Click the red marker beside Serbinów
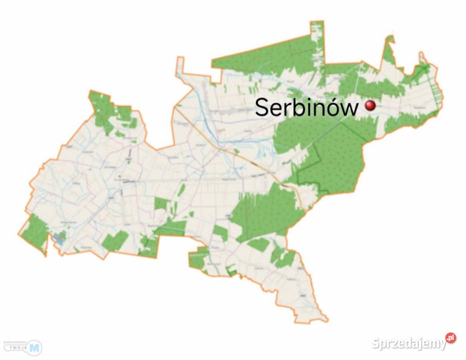pyautogui.click(x=370, y=105)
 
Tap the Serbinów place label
pyautogui.click(x=307, y=107)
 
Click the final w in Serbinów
pyautogui.click(x=348, y=109)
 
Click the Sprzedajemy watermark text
pyautogui.click(x=409, y=343)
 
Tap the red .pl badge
pyautogui.click(x=451, y=338)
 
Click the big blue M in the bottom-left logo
pyautogui.click(x=34, y=347)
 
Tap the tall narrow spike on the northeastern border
pyautogui.click(x=389, y=50)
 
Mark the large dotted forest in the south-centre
pyautogui.click(x=265, y=210)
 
